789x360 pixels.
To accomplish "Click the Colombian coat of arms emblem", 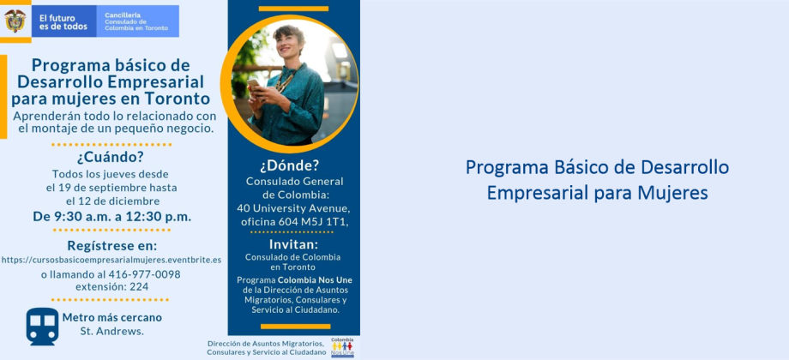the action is click(15, 21).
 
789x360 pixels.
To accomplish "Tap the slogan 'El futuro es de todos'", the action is click(63, 22).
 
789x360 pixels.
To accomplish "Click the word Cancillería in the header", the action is click(123, 15).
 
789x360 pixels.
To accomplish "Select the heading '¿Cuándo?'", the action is click(110, 158).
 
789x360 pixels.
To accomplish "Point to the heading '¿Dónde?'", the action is click(290, 166).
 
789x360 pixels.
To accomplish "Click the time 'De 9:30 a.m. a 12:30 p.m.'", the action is click(112, 217).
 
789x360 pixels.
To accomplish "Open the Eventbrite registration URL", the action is click(111, 260).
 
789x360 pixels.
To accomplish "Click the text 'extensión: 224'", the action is click(111, 286).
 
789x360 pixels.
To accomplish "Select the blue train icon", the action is click(42, 327).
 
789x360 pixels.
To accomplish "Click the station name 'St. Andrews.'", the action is click(111, 331).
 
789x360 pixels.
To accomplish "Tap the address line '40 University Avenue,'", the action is click(293, 208).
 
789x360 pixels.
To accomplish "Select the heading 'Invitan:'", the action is click(294, 244).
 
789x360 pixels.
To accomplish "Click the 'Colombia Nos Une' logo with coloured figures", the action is click(342, 347).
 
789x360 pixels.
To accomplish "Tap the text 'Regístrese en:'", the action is click(112, 246).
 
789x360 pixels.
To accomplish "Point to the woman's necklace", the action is click(286, 80).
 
